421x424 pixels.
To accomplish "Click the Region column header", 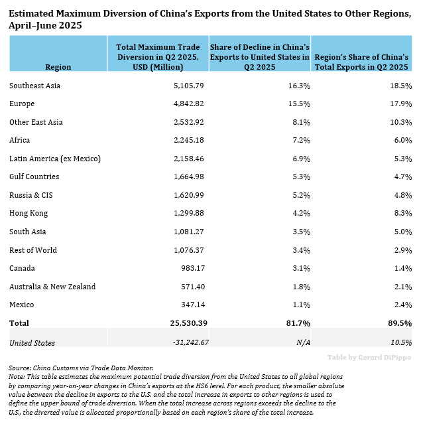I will pyautogui.click(x=58, y=67).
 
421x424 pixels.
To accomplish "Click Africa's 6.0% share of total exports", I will pyautogui.click(x=401, y=141).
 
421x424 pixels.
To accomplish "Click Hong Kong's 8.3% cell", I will pyautogui.click(x=401, y=214).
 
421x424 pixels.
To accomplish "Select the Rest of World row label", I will pyautogui.click(x=33, y=250).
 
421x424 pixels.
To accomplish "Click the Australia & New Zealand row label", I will pyautogui.click(x=52, y=287).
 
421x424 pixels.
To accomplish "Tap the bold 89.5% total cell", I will pyautogui.click(x=399, y=323).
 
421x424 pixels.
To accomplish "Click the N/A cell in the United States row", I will pyautogui.click(x=302, y=343).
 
